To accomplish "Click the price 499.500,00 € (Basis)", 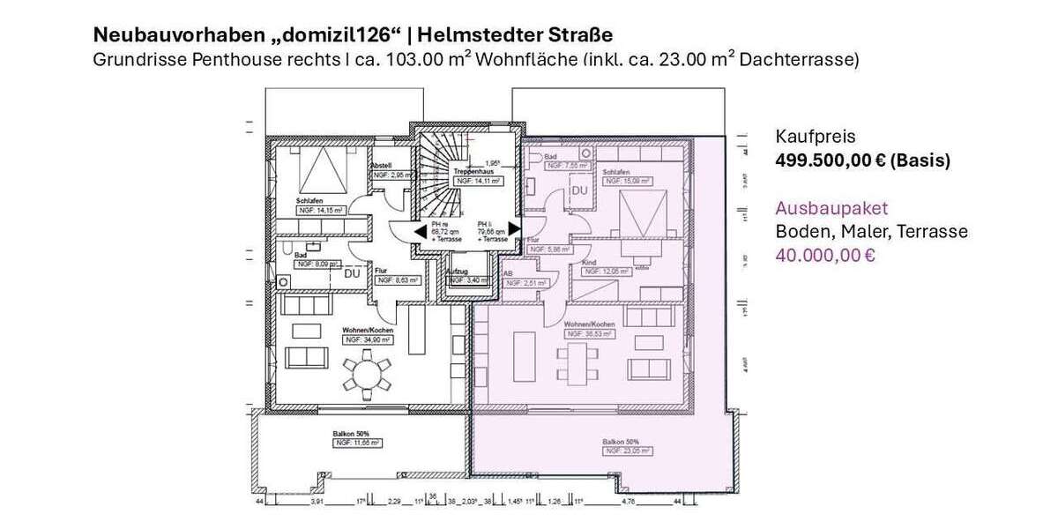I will tap(862, 160).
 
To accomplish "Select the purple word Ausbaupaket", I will tap(831, 209).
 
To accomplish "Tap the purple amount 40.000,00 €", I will tap(824, 256).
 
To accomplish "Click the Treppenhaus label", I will tap(473, 170).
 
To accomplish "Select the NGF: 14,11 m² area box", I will tap(478, 181).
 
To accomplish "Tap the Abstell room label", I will tap(381, 166).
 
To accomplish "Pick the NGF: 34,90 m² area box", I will tap(368, 339).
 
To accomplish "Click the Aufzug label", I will tap(458, 272).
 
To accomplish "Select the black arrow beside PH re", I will tap(417, 231).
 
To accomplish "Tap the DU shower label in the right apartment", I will tap(580, 190).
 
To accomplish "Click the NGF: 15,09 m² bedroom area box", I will tap(626, 181).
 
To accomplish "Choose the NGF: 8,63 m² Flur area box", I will tap(397, 279).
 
